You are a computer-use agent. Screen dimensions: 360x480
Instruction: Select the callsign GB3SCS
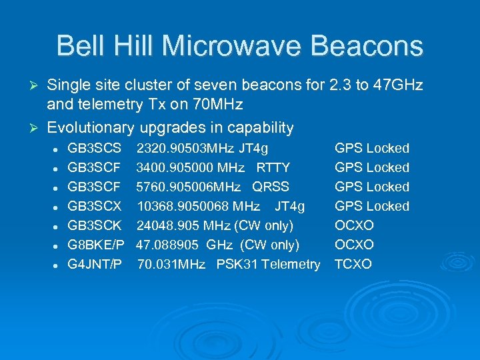click(95, 148)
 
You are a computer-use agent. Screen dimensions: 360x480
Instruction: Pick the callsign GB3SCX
click(95, 206)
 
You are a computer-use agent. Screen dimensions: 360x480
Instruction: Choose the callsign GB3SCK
click(95, 225)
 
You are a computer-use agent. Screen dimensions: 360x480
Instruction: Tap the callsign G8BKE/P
click(96, 245)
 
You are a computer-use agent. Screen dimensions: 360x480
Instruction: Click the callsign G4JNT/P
click(95, 264)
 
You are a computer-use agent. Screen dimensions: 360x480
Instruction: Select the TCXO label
click(353, 264)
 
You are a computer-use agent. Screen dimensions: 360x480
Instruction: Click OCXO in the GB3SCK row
click(354, 225)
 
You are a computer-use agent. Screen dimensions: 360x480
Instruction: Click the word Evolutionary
click(91, 127)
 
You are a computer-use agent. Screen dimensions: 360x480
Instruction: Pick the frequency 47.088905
click(167, 245)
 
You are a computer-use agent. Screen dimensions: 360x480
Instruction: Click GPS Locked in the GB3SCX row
click(371, 206)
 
